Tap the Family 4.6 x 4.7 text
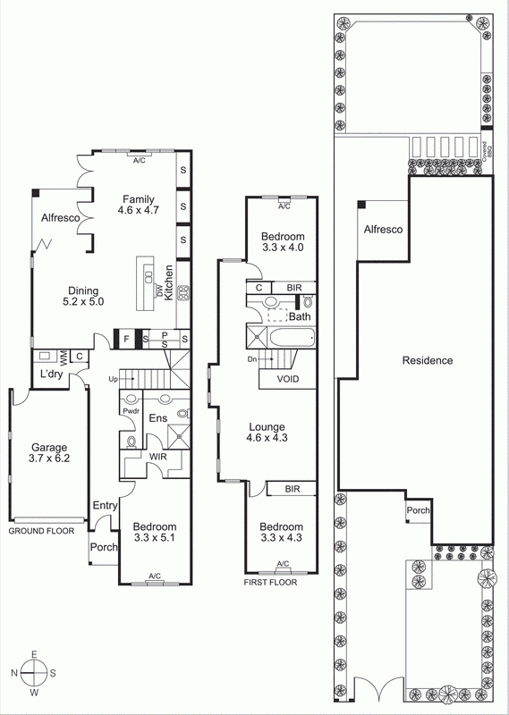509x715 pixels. [139, 206]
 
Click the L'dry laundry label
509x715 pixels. [50, 374]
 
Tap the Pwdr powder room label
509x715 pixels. [131, 413]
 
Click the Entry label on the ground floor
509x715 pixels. [106, 506]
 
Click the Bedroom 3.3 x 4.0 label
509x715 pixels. [284, 241]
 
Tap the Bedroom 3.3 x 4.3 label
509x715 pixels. [282, 534]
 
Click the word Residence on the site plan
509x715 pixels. [428, 361]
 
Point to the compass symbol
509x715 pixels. [34, 673]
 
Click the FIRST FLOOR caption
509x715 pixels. [269, 581]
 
